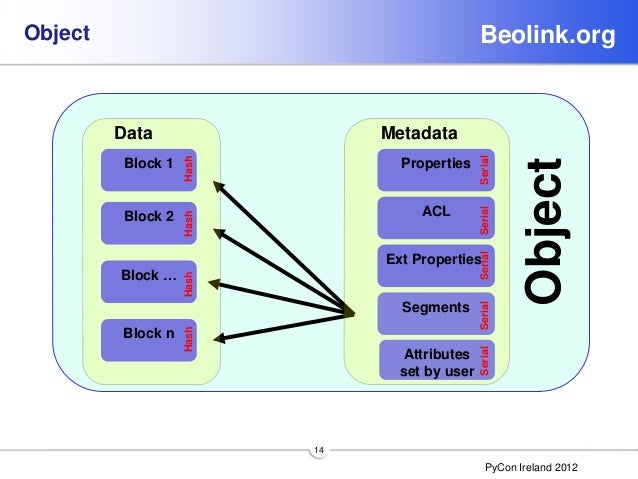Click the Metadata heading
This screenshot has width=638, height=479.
pyautogui.click(x=419, y=133)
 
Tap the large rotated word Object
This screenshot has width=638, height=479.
pyautogui.click(x=549, y=230)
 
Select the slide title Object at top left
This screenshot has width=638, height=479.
pyautogui.click(x=57, y=35)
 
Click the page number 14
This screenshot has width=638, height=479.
pyautogui.click(x=319, y=452)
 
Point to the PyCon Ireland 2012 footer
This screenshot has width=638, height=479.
pyautogui.click(x=530, y=468)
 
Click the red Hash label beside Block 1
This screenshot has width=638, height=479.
pyautogui.click(x=188, y=169)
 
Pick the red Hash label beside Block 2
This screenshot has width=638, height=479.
pyautogui.click(x=188, y=222)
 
